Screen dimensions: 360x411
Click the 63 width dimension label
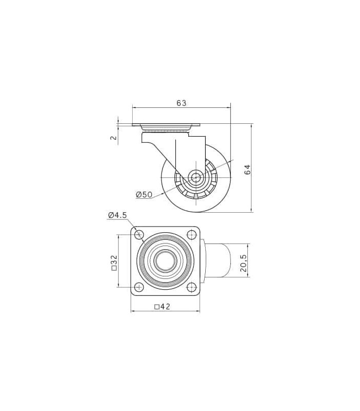pos(182,103)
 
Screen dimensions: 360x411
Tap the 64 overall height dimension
pos(247,170)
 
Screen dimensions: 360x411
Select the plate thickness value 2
pos(114,137)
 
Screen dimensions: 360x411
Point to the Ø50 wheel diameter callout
pos(144,195)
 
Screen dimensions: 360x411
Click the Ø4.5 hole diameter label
pos(117,215)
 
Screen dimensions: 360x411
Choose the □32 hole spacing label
pos(114,263)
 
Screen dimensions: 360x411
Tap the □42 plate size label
pos(163,306)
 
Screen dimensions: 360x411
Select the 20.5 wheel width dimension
pos(243,263)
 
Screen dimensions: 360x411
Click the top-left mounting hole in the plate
pos(139,234)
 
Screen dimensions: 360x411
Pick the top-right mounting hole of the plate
pos(191,234)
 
